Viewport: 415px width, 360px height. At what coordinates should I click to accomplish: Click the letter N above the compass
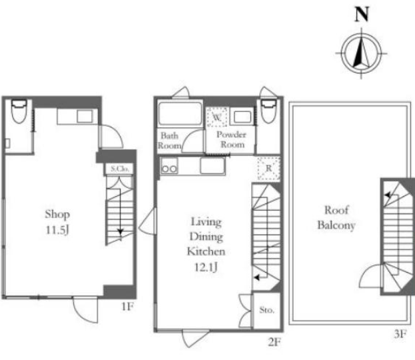pyautogui.click(x=362, y=15)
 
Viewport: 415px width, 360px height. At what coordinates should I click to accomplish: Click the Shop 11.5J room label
pyautogui.click(x=57, y=222)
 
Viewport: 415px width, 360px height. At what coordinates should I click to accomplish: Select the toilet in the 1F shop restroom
pyautogui.click(x=19, y=111)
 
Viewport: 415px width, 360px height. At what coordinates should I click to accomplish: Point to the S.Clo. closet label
pyautogui.click(x=120, y=169)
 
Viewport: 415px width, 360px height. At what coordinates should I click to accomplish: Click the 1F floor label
pyautogui.click(x=127, y=307)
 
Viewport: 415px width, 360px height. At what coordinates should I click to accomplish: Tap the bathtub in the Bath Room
pyautogui.click(x=180, y=113)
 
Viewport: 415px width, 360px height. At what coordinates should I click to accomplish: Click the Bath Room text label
pyautogui.click(x=169, y=141)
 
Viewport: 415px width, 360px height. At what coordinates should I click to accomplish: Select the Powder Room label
pyautogui.click(x=231, y=139)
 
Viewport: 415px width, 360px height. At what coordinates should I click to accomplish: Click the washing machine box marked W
pyautogui.click(x=216, y=117)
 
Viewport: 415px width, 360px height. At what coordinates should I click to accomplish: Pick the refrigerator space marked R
pyautogui.click(x=268, y=168)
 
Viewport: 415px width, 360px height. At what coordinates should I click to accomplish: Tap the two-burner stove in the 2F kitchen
pyautogui.click(x=169, y=166)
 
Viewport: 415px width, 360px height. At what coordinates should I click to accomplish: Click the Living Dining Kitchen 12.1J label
pyautogui.click(x=206, y=245)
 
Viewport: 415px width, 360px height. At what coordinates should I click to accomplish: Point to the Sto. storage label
pyautogui.click(x=266, y=310)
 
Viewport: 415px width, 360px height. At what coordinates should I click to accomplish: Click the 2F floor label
pyautogui.click(x=274, y=342)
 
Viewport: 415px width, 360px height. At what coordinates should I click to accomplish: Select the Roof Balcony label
pyautogui.click(x=336, y=217)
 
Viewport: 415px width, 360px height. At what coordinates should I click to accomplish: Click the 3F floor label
pyautogui.click(x=400, y=334)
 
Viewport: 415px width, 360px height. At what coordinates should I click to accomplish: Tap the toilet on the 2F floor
pyautogui.click(x=268, y=111)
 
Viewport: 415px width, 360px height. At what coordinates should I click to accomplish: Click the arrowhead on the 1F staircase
pyautogui.click(x=121, y=232)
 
